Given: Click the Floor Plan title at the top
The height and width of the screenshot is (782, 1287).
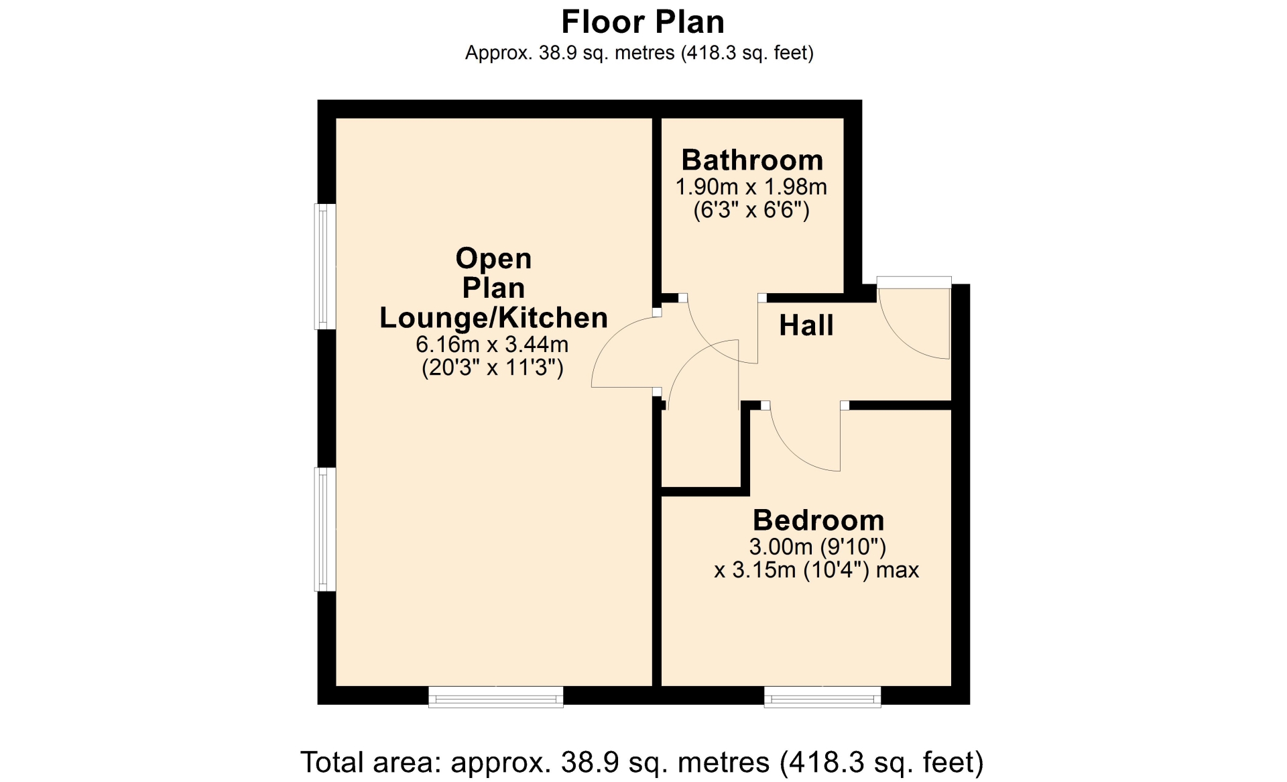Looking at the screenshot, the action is point(643,22).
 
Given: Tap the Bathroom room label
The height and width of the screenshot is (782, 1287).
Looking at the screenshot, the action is point(752,160).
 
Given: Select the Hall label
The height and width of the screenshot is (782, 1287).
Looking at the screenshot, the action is point(806,326).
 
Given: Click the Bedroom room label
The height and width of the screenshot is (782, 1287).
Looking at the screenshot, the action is point(818,520).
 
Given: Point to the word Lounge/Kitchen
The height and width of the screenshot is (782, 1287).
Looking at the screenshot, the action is point(494,318).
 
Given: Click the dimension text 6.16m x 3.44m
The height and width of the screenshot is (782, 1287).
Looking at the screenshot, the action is point(492,345).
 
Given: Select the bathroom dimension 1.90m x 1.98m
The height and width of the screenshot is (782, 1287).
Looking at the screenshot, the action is point(751,187).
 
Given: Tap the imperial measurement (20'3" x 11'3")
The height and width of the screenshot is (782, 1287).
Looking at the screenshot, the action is point(493,368).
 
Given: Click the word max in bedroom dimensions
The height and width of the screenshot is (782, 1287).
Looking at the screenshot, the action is point(898,571).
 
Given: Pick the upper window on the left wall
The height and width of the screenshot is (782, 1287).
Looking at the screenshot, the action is point(325,266).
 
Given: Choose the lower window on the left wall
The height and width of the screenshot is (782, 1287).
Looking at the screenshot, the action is point(325,529).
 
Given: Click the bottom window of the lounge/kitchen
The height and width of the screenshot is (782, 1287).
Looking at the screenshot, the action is point(496,697).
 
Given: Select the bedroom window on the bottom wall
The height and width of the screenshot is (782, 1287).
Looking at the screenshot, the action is point(822,697).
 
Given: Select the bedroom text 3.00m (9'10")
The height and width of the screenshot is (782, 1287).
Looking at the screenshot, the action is point(818,547).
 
